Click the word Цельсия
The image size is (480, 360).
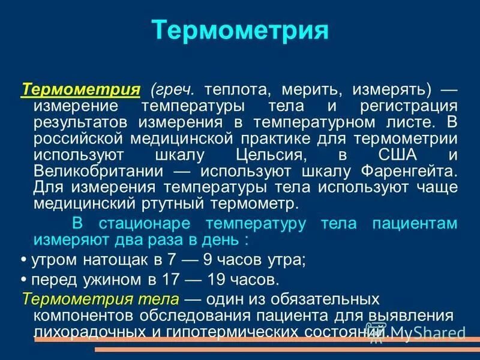266,155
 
